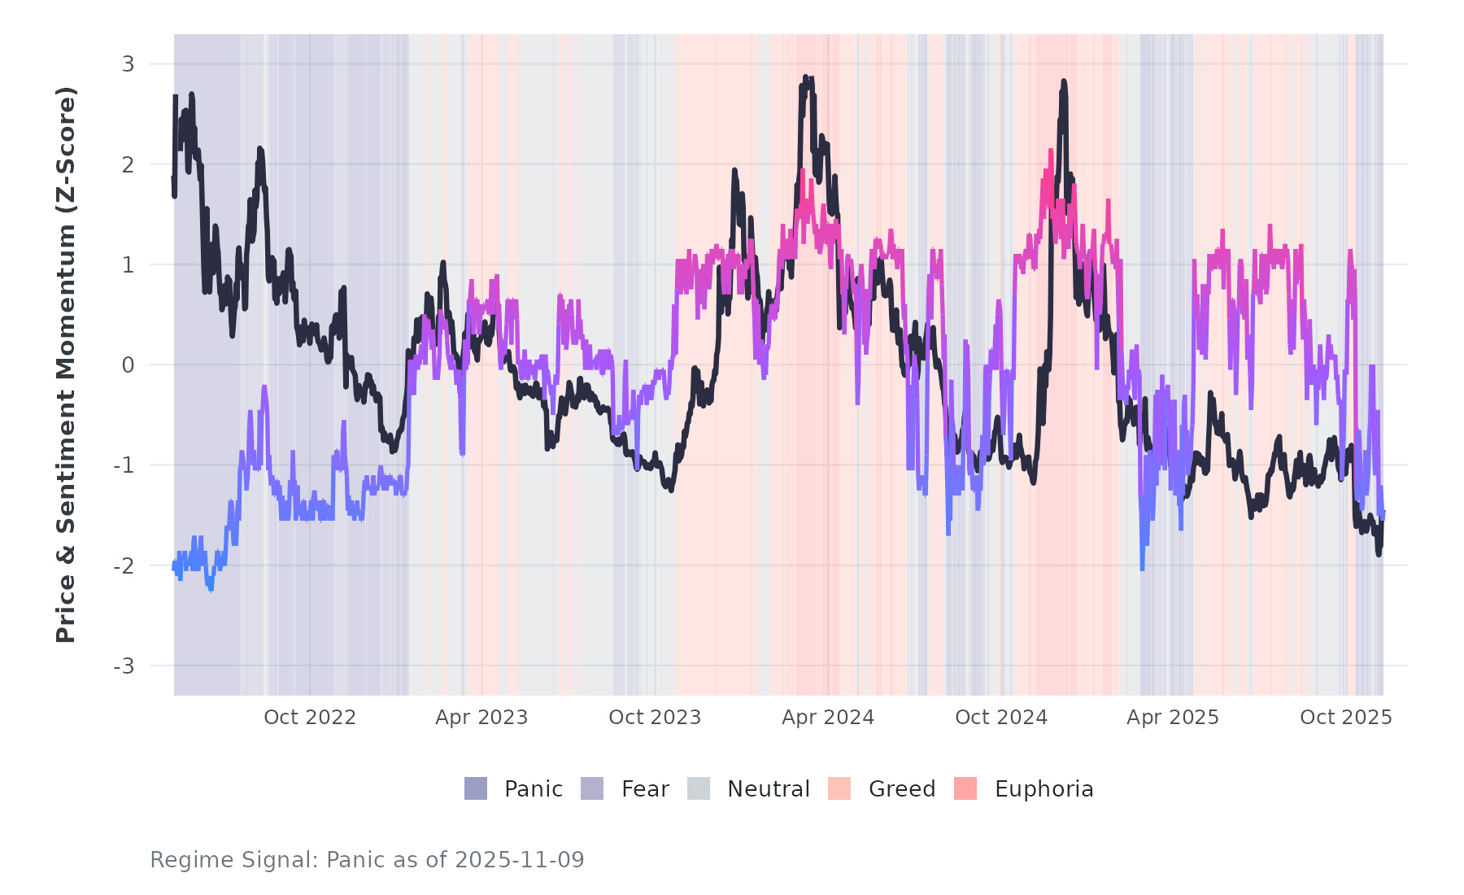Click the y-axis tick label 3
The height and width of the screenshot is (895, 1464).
128,63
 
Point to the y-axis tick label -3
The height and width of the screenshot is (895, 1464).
124,666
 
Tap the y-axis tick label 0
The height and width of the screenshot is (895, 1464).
128,365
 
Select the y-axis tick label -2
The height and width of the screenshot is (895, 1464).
124,566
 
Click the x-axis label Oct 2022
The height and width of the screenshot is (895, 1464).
310,717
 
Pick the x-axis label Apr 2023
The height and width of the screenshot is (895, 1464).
481,717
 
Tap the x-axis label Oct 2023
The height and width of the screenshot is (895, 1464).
655,717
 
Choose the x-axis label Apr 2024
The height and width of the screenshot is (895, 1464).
828,717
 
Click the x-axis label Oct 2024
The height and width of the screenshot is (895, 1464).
1001,717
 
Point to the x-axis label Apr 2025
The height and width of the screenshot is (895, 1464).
1173,717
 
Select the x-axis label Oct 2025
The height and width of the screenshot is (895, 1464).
1346,717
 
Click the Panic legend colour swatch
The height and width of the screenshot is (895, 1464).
476,788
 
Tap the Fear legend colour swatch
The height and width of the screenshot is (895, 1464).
592,788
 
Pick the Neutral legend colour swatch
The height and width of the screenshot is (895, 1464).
699,788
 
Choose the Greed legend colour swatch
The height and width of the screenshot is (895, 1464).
839,788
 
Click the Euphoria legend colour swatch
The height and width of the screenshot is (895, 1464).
965,788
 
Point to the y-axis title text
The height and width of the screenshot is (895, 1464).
66,365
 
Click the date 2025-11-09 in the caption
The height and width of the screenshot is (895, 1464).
520,860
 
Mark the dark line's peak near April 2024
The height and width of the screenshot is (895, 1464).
805,77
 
